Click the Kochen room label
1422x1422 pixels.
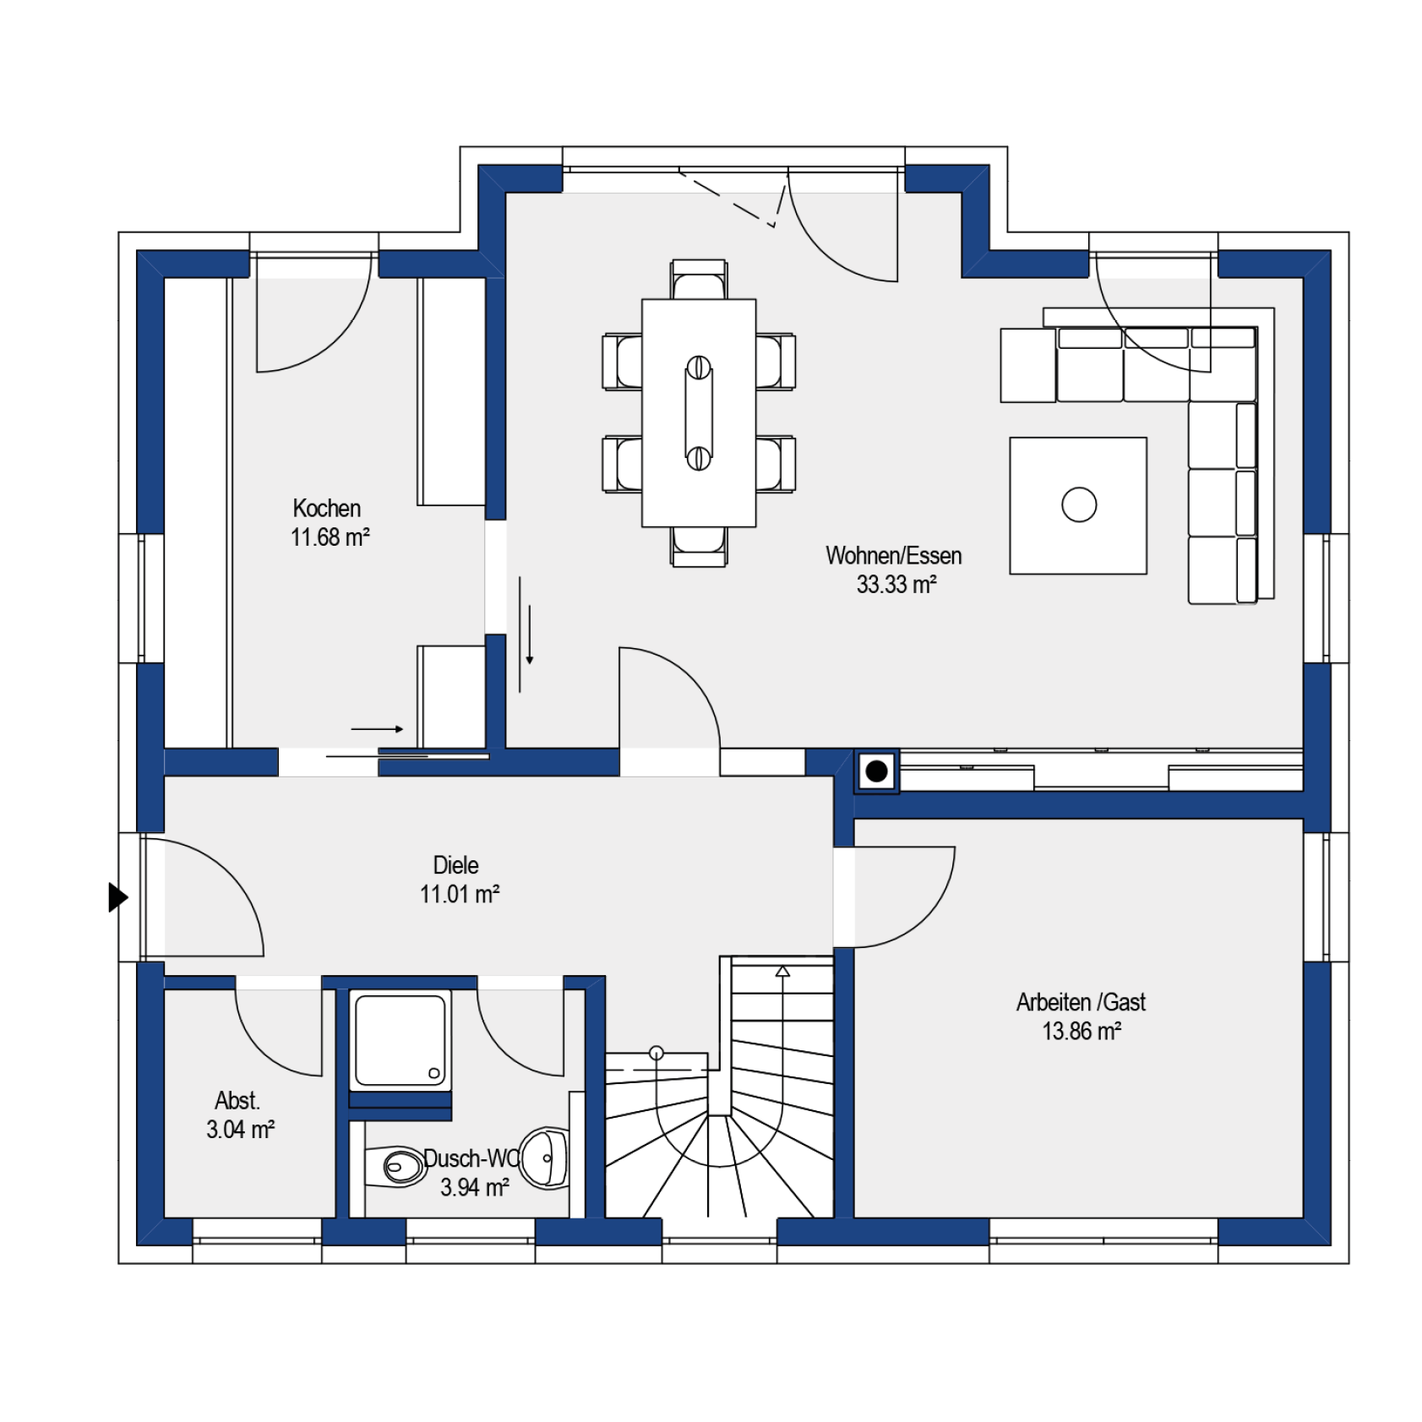pos(326,509)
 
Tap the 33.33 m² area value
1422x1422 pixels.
pos(896,585)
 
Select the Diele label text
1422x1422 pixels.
pos(455,865)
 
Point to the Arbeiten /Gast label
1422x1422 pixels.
pos(1081,1002)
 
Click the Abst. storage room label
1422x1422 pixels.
pos(237,1101)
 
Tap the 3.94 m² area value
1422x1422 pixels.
pos(474,1187)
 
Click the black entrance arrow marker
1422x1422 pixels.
pos(118,897)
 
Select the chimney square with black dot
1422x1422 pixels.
pos(876,771)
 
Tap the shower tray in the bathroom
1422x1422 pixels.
pos(400,1040)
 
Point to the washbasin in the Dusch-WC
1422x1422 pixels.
pos(544,1158)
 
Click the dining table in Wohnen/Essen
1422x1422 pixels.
pos(699,413)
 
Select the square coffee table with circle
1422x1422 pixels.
pos(1078,506)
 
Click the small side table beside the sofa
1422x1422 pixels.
pos(1028,365)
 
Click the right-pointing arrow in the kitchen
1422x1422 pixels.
pos(377,728)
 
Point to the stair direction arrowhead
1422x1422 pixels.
pos(782,972)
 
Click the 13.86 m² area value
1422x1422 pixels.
pos(1081,1032)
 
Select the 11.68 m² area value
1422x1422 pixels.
pos(330,537)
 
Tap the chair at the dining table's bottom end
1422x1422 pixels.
pos(699,547)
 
